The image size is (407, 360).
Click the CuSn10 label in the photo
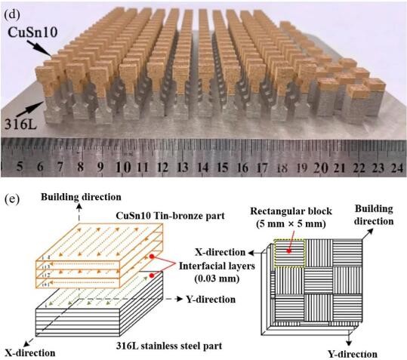pyautogui.click(x=32, y=32)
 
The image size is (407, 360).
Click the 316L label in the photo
pyautogui.click(x=21, y=125)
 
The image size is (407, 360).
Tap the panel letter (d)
pyautogui.click(x=12, y=15)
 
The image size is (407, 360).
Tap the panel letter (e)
pyautogui.click(x=12, y=199)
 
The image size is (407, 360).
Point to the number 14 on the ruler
pyautogui.click(x=203, y=168)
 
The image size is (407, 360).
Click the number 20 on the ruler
pyautogui.click(x=321, y=168)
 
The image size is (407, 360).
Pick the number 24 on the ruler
pyautogui.click(x=397, y=168)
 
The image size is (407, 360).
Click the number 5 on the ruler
pyautogui.click(x=20, y=167)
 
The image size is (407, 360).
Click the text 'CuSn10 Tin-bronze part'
pyautogui.click(x=170, y=216)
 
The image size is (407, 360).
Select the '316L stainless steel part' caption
pyautogui.click(x=169, y=346)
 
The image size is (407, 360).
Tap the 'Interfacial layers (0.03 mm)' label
pyautogui.click(x=217, y=272)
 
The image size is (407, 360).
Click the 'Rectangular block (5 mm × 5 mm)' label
pyautogui.click(x=291, y=217)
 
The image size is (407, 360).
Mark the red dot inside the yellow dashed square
pyautogui.click(x=288, y=251)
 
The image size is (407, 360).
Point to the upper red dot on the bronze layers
pyautogui.click(x=152, y=257)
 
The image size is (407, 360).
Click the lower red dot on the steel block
pyautogui.click(x=152, y=275)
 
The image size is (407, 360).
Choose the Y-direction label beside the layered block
pyautogui.click(x=211, y=300)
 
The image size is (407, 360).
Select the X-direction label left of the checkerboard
pyautogui.click(x=220, y=252)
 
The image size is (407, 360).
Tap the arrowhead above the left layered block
pyautogui.click(x=79, y=207)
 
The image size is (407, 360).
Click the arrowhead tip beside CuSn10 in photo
pyautogui.click(x=51, y=55)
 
